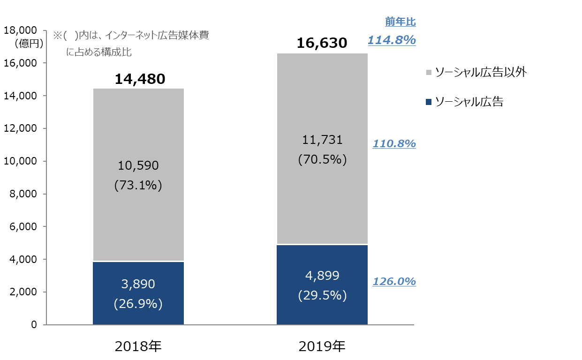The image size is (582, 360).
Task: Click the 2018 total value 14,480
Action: pyautogui.click(x=140, y=79)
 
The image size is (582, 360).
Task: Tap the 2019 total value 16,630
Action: pyautogui.click(x=322, y=44)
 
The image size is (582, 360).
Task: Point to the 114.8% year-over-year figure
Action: pyautogui.click(x=392, y=40)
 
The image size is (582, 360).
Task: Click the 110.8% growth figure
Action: pyautogui.click(x=394, y=144)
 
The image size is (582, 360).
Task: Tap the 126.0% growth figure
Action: pyautogui.click(x=394, y=282)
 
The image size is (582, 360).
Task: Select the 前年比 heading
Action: pyautogui.click(x=400, y=22)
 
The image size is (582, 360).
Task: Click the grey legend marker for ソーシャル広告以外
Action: pyautogui.click(x=429, y=73)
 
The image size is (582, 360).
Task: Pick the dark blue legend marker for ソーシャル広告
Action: pyautogui.click(x=429, y=102)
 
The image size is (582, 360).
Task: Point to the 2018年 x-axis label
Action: pyautogui.click(x=138, y=346)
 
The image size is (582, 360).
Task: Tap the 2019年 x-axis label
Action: pyautogui.click(x=322, y=346)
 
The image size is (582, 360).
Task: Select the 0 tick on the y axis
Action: pyautogui.click(x=34, y=324)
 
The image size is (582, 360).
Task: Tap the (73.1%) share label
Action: pyautogui.click(x=138, y=186)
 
